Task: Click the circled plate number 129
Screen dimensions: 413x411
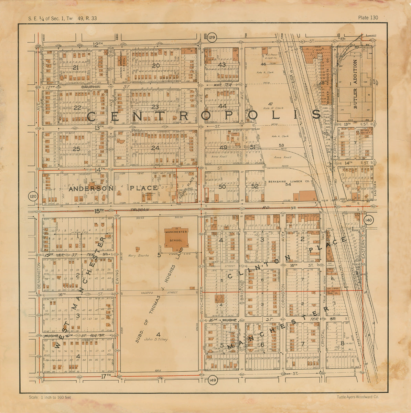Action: (212, 37)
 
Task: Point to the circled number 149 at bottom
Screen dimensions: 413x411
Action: (212, 380)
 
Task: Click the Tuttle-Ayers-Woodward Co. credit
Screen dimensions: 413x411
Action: (358, 397)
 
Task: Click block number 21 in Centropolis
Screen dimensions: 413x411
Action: (76, 67)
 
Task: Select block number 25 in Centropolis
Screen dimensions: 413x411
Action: (76, 149)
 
